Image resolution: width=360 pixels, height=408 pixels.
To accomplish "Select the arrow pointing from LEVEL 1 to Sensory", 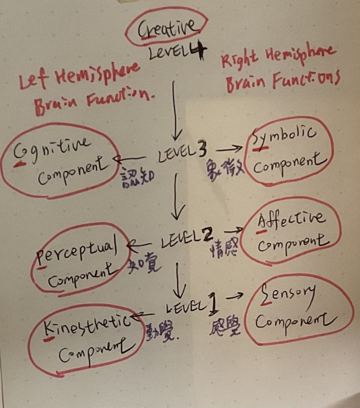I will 235,296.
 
